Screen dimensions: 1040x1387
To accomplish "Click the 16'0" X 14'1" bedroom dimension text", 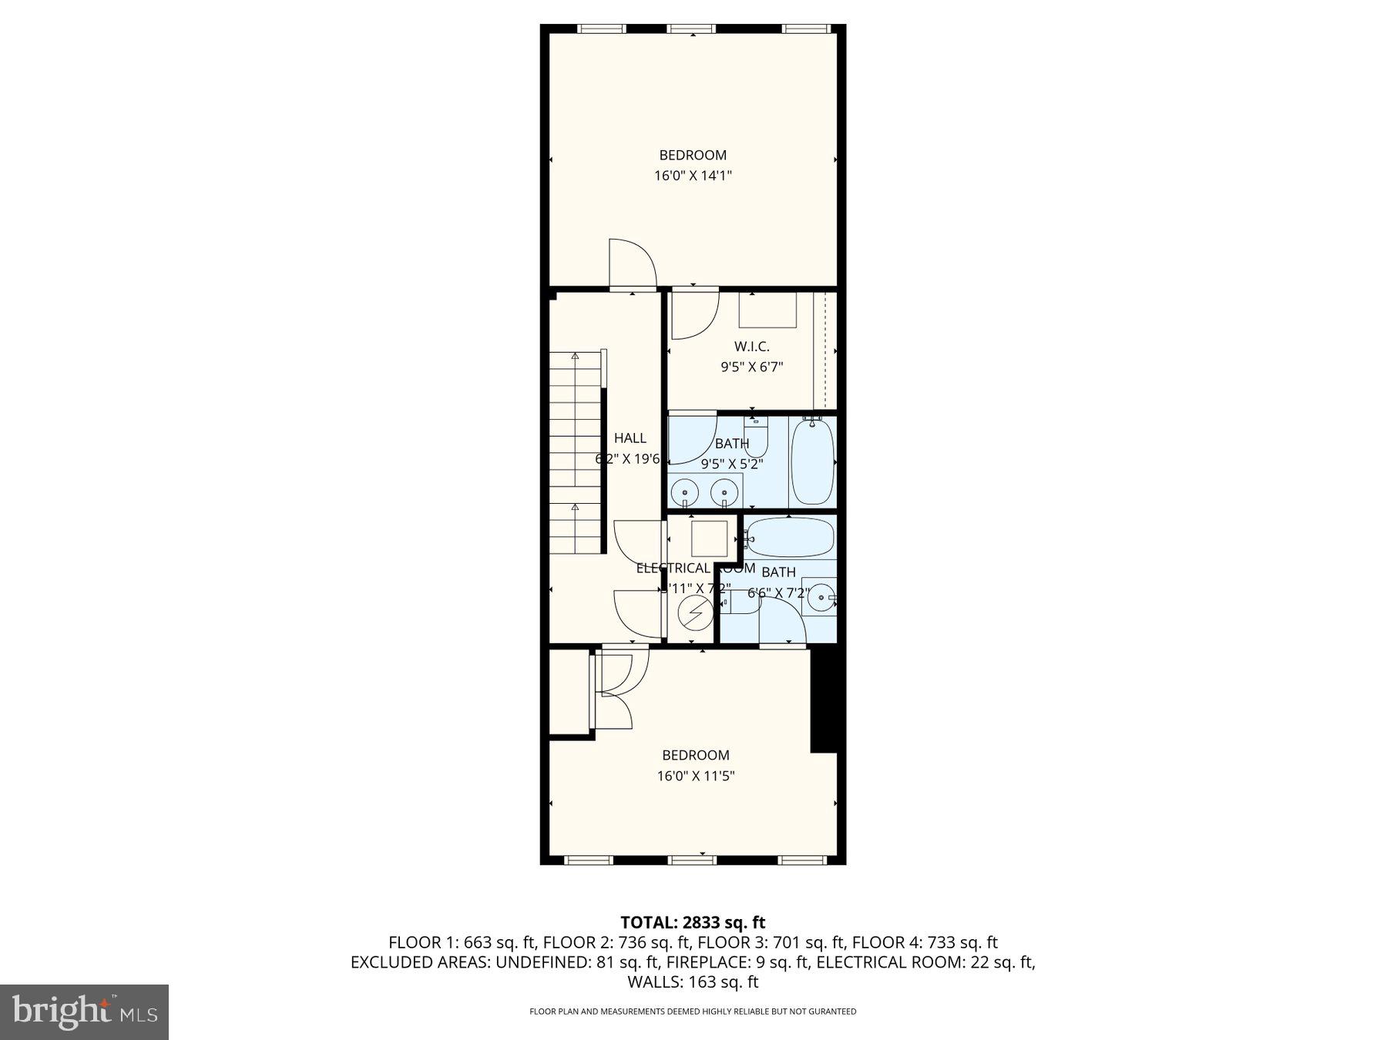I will tap(692, 176).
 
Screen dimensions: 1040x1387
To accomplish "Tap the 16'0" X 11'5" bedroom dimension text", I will tap(695, 776).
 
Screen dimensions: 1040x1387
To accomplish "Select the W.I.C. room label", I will tap(751, 347).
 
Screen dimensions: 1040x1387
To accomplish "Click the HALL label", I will tap(630, 438).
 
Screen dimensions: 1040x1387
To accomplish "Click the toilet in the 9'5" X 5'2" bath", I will tap(756, 438).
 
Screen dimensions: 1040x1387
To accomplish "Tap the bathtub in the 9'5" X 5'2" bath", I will tap(812, 461).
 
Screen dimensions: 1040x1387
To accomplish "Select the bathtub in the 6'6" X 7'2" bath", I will tap(790, 537).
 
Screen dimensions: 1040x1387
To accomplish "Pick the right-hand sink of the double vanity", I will tap(724, 490).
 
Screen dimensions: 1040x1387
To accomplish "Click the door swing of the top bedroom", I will tap(632, 264).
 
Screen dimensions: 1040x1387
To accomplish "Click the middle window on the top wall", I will tap(691, 29).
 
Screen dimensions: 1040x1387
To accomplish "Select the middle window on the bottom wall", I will tap(691, 860).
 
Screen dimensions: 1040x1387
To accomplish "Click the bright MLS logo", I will tap(84, 1011).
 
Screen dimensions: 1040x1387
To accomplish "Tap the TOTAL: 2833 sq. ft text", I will tap(692, 922).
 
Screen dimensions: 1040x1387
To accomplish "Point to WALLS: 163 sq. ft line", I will tap(692, 982).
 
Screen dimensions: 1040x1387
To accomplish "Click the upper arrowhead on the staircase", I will tap(575, 356).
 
